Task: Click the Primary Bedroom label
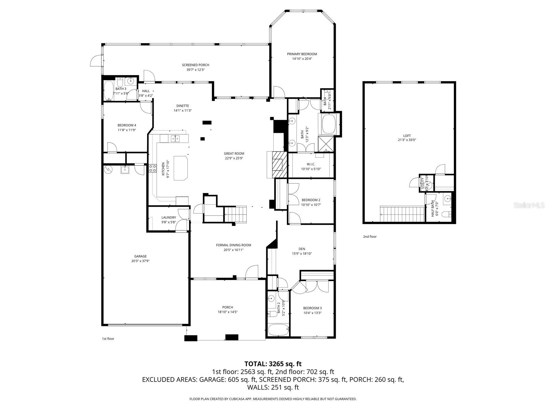302,54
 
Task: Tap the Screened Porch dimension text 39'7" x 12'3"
195,70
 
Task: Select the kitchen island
181,167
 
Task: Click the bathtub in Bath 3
109,91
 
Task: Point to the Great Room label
234,153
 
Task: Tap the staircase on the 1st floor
235,215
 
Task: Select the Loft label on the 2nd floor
407,136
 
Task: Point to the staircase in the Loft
401,214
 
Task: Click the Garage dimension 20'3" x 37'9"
140,261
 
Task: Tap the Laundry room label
169,217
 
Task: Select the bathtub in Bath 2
277,330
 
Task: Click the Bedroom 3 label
312,308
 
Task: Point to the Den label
302,249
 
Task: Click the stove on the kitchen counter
152,168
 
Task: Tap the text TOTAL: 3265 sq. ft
273,364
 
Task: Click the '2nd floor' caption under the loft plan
370,236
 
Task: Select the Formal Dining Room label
233,245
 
